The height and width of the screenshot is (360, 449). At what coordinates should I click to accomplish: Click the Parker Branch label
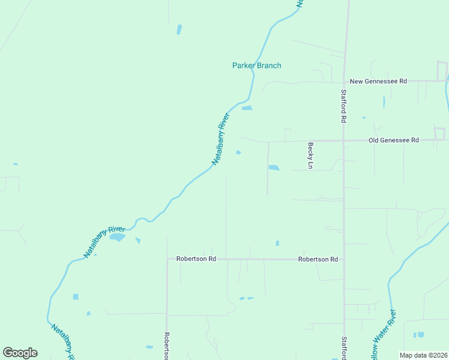256,65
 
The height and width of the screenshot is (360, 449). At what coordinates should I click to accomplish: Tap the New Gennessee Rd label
378,81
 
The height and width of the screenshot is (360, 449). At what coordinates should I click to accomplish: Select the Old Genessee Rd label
393,140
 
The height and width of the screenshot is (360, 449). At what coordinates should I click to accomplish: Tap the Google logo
20,353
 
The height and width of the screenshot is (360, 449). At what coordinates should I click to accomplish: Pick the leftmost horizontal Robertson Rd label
196,259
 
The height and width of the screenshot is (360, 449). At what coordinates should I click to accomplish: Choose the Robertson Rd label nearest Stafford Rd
318,259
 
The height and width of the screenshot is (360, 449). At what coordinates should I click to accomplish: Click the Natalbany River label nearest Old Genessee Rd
221,139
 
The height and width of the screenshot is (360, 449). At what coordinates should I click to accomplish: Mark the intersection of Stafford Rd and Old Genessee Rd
343,140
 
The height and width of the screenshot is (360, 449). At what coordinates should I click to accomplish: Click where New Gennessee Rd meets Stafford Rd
345,81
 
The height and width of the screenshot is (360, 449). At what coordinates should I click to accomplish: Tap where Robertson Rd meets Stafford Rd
343,259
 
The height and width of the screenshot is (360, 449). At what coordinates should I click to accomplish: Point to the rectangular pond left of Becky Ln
274,167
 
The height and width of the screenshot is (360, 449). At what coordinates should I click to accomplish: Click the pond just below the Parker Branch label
247,108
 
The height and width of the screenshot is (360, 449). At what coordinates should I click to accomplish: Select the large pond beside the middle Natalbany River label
117,237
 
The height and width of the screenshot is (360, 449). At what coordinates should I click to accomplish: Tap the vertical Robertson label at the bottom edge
167,346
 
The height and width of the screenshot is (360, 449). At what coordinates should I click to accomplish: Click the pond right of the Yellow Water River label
418,334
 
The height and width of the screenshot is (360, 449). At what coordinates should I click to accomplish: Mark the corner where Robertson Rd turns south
167,259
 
